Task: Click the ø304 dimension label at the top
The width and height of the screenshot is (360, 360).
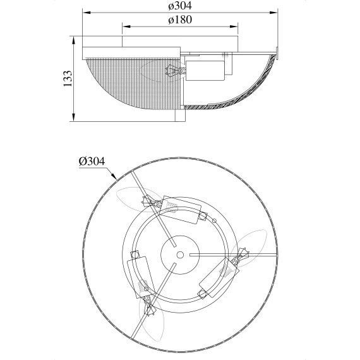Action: click(x=180, y=6)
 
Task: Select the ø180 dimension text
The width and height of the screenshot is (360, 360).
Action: click(x=180, y=20)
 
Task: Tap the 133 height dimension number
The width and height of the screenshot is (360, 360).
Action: click(x=68, y=78)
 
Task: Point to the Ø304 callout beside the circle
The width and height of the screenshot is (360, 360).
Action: click(x=92, y=161)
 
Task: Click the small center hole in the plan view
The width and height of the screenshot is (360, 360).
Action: click(x=180, y=255)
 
